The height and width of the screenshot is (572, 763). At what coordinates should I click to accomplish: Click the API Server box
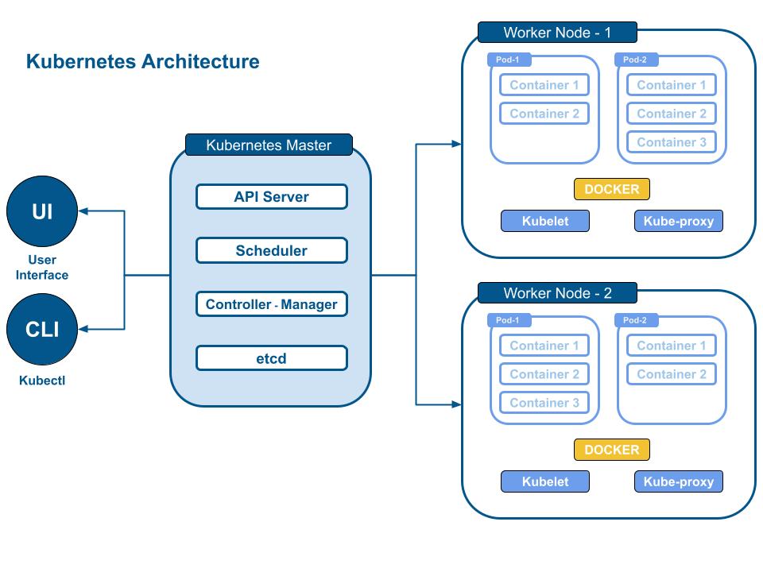[272, 196]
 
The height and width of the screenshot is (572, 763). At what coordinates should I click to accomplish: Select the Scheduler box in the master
[272, 250]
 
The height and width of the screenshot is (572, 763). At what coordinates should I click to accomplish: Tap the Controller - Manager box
[272, 304]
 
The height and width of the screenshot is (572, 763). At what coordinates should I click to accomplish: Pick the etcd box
[272, 358]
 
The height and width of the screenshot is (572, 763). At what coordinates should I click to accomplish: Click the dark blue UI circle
[42, 211]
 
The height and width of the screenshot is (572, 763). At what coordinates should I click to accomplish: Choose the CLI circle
[42, 329]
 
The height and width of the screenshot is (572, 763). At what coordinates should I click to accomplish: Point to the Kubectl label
[42, 381]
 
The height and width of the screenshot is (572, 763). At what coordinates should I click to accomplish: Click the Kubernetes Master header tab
[269, 145]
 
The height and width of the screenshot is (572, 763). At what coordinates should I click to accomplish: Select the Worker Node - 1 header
[557, 33]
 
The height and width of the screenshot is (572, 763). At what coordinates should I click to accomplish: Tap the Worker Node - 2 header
[557, 293]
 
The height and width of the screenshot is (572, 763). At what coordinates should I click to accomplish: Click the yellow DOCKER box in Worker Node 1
[612, 189]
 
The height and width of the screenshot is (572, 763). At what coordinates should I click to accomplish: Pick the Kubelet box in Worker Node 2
[545, 481]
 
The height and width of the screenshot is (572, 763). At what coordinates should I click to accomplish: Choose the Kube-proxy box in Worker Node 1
[678, 221]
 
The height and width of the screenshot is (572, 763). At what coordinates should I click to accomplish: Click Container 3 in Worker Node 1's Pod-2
[672, 142]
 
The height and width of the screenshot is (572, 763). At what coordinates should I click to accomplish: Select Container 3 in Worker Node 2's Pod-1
[544, 403]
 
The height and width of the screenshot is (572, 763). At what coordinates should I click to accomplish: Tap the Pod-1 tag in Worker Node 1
[508, 60]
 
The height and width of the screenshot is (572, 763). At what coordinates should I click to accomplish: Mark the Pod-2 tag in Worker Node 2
[635, 320]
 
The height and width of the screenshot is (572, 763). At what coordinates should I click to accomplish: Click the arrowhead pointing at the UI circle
[83, 211]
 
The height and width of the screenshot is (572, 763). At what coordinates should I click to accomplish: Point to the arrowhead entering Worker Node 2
[456, 404]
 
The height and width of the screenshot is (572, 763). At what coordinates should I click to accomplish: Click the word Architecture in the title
[200, 62]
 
